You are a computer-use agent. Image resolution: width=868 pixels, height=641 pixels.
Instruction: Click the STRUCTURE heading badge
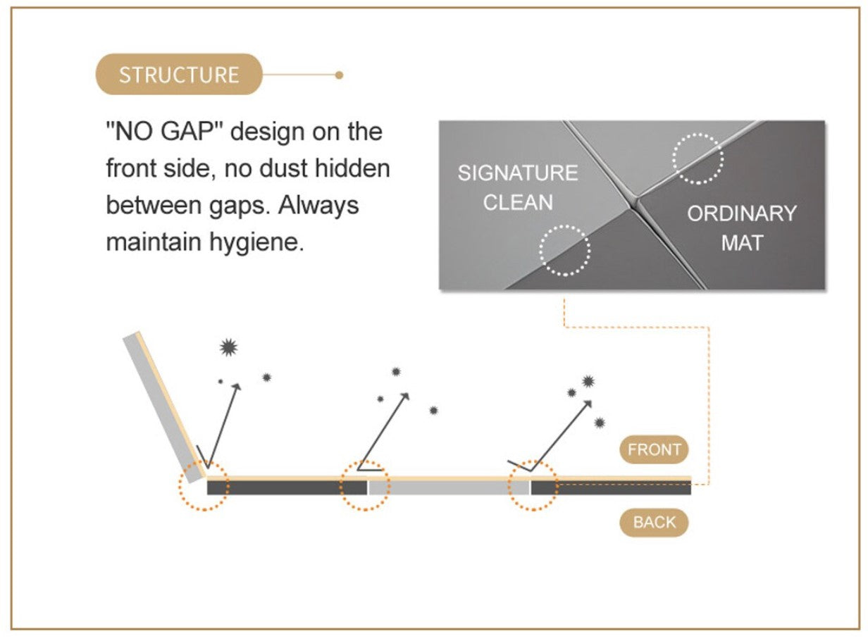(178, 75)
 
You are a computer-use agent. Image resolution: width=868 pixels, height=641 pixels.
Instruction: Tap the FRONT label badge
(654, 449)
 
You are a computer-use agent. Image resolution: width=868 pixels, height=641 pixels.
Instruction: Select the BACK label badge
(654, 522)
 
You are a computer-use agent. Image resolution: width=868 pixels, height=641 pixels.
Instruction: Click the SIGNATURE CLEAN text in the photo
(517, 187)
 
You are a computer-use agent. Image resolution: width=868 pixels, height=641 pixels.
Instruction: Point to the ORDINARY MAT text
(742, 228)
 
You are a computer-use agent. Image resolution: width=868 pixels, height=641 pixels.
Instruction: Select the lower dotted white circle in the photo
(564, 250)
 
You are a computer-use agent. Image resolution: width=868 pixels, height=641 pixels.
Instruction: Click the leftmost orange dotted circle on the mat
(204, 486)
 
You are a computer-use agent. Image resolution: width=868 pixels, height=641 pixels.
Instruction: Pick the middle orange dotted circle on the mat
(365, 485)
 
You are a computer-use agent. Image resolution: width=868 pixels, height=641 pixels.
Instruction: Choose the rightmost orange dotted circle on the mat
(533, 485)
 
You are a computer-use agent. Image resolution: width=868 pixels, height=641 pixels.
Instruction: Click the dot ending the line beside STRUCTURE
(339, 75)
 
